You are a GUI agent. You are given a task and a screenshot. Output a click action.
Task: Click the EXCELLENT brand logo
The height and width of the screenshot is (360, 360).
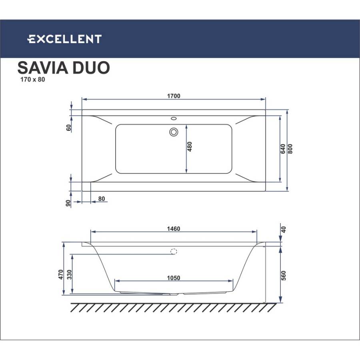64,39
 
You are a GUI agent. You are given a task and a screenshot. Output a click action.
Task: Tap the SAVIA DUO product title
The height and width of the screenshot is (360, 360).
64,68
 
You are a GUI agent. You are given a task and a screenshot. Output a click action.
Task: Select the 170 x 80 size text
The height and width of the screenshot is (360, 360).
33,80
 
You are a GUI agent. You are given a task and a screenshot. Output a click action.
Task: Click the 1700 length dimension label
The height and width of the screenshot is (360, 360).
174,96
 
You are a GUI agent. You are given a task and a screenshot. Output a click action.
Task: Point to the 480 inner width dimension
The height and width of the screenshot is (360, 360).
190,147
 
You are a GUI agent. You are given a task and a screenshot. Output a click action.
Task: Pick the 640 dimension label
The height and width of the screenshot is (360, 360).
283,149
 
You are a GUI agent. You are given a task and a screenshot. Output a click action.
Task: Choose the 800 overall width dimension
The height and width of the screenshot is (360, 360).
290,149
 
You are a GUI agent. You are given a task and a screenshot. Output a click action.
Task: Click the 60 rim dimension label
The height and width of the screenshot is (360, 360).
69,128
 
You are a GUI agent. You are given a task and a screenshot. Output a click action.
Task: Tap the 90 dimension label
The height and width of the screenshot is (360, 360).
68,203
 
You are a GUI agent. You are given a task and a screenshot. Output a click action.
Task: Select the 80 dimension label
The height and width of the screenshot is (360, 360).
102,199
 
